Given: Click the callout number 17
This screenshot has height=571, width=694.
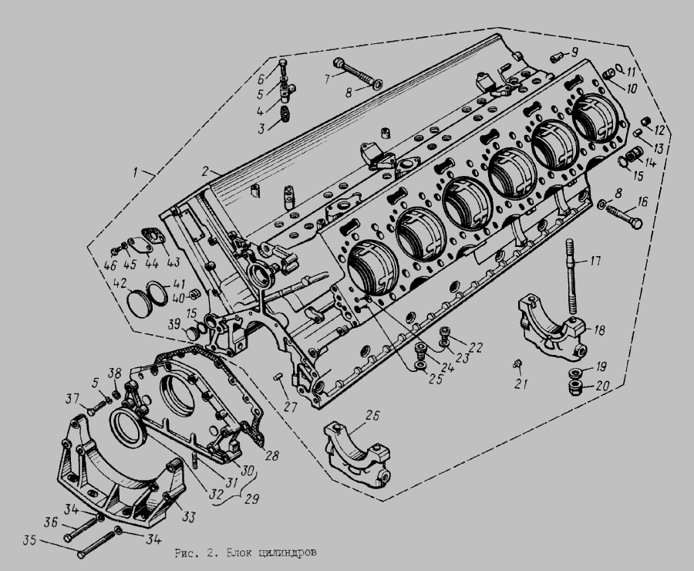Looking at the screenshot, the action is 596,261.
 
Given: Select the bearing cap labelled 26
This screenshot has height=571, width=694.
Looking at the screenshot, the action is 358,454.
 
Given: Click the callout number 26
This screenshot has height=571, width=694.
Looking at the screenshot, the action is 372,416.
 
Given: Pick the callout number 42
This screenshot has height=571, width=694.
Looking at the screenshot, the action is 120,283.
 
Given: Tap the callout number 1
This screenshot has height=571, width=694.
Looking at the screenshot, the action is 137,171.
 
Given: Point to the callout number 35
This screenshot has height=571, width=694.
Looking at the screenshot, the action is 29,542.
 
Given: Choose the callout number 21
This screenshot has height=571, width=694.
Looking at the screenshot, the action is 521,383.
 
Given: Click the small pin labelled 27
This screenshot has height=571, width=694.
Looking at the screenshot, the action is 278,377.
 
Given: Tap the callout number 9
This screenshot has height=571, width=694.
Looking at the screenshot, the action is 574,52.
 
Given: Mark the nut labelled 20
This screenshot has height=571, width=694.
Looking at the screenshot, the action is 575,389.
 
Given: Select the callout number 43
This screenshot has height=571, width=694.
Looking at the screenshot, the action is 173,262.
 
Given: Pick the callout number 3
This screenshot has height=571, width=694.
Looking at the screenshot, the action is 261,129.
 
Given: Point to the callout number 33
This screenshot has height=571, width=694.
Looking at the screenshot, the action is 189,516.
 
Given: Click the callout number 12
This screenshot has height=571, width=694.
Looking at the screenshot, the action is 659,130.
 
